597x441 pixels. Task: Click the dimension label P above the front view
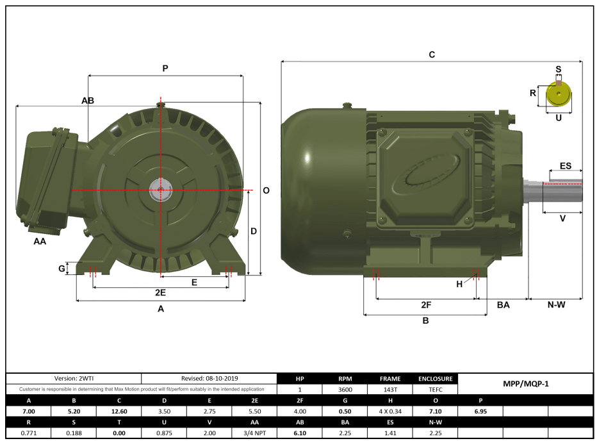[165, 68]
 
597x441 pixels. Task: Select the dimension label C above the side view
[432, 55]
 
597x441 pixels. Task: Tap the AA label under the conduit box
[40, 242]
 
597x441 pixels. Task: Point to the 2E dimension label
[161, 292]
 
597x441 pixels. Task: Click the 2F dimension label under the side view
[426, 304]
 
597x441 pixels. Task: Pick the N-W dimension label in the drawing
[556, 304]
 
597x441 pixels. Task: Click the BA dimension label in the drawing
[503, 305]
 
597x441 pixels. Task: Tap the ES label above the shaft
[566, 166]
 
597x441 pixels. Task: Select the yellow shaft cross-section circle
[559, 96]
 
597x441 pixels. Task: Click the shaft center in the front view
[159, 190]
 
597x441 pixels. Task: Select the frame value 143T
[390, 389]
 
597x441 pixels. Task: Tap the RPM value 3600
[345, 389]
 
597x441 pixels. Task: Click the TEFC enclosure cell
[436, 389]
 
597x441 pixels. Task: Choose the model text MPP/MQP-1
[526, 384]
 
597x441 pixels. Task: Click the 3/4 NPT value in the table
[254, 433]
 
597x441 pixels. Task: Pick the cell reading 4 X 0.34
[390, 411]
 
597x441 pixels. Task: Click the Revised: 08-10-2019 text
[209, 379]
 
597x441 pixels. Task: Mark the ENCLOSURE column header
[436, 379]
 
